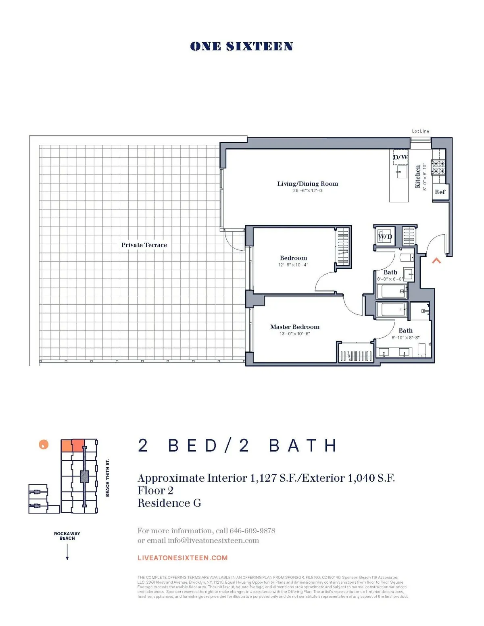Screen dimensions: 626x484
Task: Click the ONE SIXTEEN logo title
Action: point(241,46)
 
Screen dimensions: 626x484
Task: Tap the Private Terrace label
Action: point(144,245)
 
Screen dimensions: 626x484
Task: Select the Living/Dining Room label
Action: point(307,184)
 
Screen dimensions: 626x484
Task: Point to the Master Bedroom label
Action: point(294,327)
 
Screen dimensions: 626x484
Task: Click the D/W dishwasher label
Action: point(400,157)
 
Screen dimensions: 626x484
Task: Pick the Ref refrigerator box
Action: point(440,192)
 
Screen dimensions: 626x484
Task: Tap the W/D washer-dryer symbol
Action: point(384,237)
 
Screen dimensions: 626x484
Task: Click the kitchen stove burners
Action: point(438,168)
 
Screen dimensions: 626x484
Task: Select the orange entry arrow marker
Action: point(436,261)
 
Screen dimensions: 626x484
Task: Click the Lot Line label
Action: point(420,131)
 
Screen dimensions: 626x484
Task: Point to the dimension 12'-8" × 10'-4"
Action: point(293,265)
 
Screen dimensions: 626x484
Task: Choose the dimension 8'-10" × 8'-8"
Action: point(405,338)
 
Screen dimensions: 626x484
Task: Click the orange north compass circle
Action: point(44,445)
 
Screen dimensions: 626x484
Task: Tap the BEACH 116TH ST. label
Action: point(108,478)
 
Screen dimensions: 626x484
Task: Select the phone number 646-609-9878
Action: point(252,530)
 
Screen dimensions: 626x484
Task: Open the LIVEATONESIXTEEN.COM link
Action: point(182,558)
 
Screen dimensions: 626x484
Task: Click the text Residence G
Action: point(169,503)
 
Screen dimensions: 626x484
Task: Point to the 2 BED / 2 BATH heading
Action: point(237,446)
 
